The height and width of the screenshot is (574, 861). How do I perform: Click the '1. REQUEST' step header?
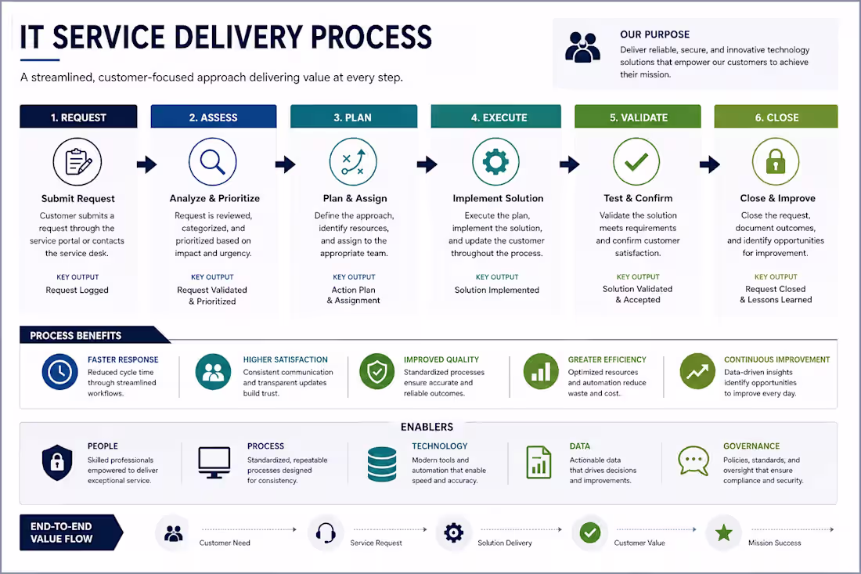click(x=78, y=117)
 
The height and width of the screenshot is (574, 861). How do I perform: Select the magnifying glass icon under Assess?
click(x=212, y=162)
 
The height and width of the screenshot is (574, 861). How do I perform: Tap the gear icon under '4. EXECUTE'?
click(x=495, y=162)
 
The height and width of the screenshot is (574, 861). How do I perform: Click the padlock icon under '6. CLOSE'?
click(x=776, y=162)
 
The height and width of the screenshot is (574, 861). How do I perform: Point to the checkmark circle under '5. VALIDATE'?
click(x=637, y=162)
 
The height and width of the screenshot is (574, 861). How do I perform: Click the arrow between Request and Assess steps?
click(x=146, y=164)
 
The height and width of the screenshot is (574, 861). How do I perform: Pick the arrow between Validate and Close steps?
click(x=709, y=164)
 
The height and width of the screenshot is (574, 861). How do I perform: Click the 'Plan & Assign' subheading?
click(x=355, y=198)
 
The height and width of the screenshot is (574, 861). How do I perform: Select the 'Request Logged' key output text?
click(x=77, y=290)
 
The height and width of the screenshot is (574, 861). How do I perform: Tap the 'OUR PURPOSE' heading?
click(x=654, y=34)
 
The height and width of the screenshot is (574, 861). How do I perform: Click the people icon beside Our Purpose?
click(x=582, y=47)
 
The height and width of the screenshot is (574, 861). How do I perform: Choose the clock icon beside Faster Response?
click(x=59, y=372)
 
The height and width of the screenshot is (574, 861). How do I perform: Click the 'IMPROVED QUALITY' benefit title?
click(x=441, y=359)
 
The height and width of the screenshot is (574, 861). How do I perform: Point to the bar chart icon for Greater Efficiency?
click(x=541, y=371)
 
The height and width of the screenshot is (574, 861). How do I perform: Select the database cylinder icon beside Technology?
click(x=382, y=464)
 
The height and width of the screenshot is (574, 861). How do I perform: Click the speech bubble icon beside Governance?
click(x=693, y=460)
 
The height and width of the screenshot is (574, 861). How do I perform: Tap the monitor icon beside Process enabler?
click(x=214, y=463)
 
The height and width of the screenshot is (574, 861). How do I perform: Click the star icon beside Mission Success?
click(x=724, y=532)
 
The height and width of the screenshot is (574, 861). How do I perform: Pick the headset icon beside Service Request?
click(x=326, y=532)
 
